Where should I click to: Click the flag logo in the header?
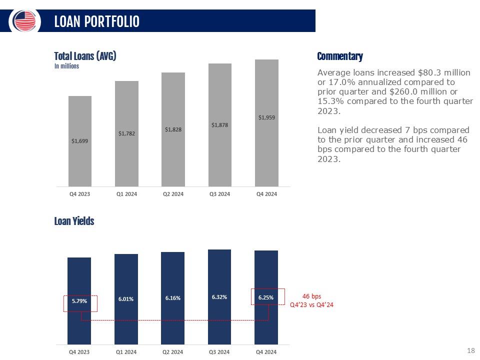point(25,21)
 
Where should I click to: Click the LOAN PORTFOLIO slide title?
point(96,21)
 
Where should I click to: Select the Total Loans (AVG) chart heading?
point(85,56)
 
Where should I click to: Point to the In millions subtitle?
point(66,66)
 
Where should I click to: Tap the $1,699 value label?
point(79,141)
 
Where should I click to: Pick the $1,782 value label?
point(126,133)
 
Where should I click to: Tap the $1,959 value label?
point(266,117)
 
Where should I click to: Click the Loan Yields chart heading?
point(74,221)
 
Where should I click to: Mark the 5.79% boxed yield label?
point(79,301)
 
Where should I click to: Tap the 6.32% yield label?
point(219,297)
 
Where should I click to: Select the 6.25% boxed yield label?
point(266,297)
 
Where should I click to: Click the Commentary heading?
point(340,56)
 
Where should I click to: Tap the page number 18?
point(470,350)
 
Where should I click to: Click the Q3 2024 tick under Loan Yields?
point(219,352)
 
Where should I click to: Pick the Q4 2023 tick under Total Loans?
point(79,194)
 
